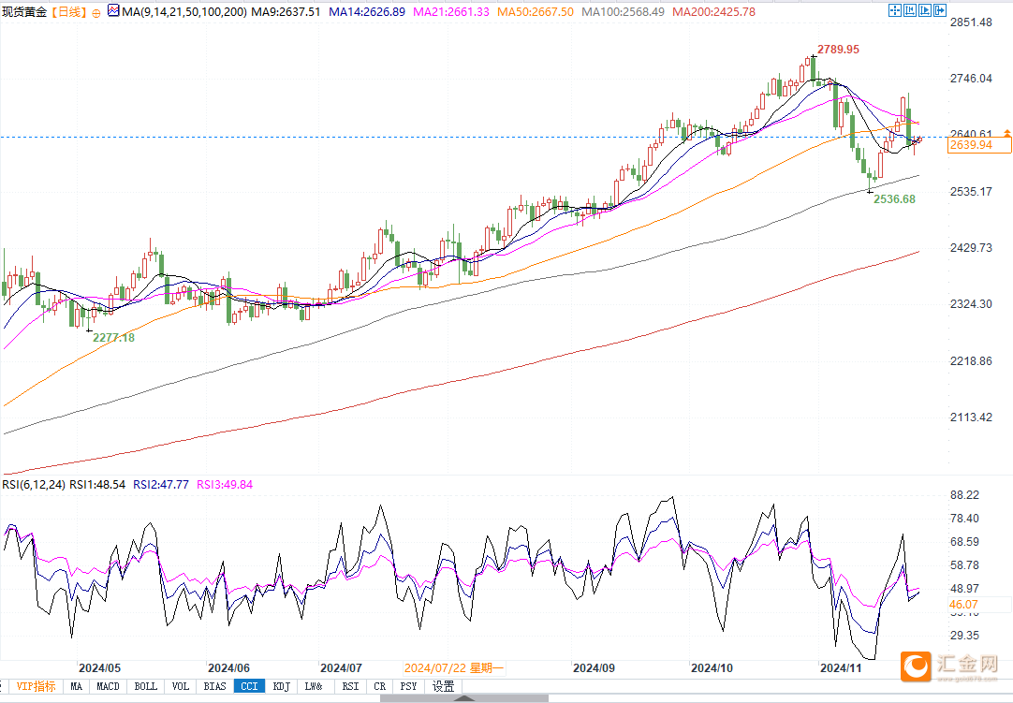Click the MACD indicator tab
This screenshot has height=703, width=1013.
pos(109,686)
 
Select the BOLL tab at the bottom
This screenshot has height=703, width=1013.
pos(146,686)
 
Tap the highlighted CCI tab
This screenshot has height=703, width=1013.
pos(248,686)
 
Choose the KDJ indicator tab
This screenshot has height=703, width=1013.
pos(281,686)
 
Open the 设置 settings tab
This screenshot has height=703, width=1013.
pos(443,686)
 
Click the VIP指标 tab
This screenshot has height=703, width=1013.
pos(36,686)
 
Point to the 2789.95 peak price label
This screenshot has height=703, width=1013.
pos(838,49)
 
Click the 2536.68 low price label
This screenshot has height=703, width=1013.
pos(894,199)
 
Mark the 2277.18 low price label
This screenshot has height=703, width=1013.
pos(113,337)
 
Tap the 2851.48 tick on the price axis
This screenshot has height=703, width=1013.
pos(971,22)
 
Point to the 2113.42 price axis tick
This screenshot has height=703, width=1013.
pos(971,417)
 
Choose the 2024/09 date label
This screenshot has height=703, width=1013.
pos(594,668)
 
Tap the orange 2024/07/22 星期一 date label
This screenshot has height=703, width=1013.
pos(454,668)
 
